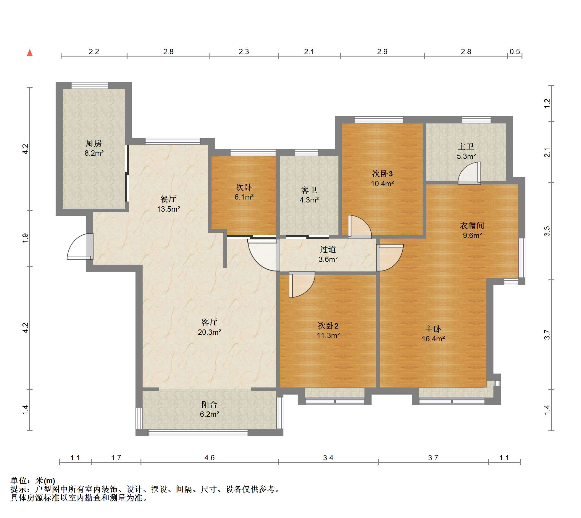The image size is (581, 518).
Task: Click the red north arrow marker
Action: tap(30, 53)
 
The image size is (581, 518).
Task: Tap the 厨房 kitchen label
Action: tap(93, 143)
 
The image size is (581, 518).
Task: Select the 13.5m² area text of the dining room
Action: tap(168, 209)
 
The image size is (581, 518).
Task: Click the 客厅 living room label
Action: tap(209, 322)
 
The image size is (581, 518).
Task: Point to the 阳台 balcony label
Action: tap(209, 404)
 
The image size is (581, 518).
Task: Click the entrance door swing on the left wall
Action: tap(79, 246)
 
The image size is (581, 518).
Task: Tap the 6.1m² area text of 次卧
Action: tap(244, 197)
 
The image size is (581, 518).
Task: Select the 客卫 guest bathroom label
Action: tap(309, 190)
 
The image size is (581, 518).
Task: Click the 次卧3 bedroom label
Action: tap(382, 173)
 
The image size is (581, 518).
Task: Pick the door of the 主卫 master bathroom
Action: tap(469, 173)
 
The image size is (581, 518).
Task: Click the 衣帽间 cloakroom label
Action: tap(472, 226)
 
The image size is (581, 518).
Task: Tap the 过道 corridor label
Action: tap(328, 249)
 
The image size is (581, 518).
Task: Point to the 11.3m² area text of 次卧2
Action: tap(328, 335)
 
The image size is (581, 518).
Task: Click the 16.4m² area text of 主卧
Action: tap(433, 339)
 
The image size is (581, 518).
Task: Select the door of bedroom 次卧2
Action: tap(302, 285)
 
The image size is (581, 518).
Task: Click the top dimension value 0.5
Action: tap(515, 52)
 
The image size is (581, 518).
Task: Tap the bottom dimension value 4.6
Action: tap(209, 458)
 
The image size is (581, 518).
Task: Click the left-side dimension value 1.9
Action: tap(25, 238)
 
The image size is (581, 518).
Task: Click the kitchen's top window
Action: tap(90, 85)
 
